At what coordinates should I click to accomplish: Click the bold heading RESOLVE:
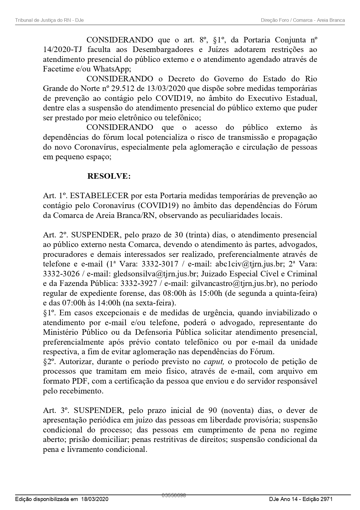109,176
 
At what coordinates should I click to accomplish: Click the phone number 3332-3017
160,264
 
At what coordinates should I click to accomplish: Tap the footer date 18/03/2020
94,499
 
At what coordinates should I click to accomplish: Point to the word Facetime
57,69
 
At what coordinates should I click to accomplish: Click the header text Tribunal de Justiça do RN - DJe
49,20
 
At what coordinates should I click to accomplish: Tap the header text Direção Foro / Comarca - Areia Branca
303,20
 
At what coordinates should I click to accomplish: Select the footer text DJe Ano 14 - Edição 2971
300,499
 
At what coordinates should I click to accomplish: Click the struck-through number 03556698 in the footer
174,495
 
